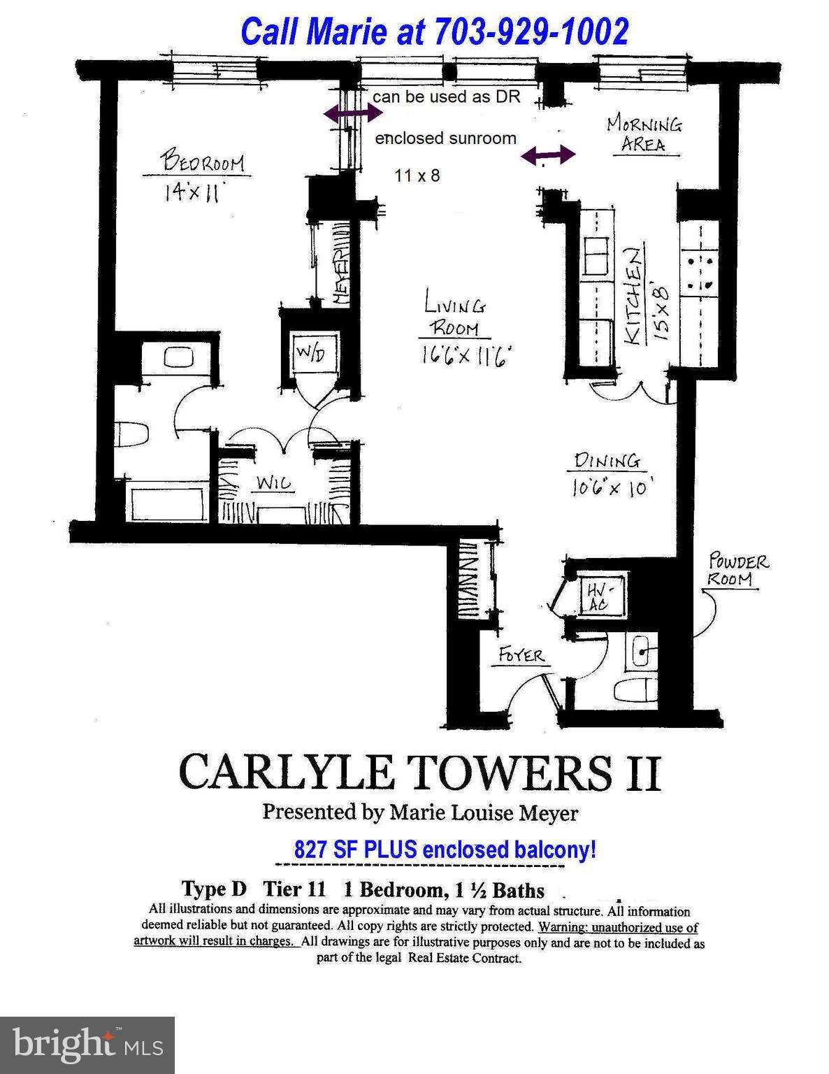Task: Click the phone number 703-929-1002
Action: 531,31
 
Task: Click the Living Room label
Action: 454,316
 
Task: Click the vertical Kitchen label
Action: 633,296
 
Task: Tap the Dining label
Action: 607,461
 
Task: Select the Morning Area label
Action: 644,134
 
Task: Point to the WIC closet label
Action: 273,482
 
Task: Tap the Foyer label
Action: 521,655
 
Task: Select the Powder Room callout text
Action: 737,570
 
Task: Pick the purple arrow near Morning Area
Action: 549,155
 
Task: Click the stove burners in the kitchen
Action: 700,273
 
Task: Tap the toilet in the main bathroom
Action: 132,435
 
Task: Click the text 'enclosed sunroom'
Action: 445,138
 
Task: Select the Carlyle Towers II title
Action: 419,773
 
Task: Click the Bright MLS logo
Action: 87,1045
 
